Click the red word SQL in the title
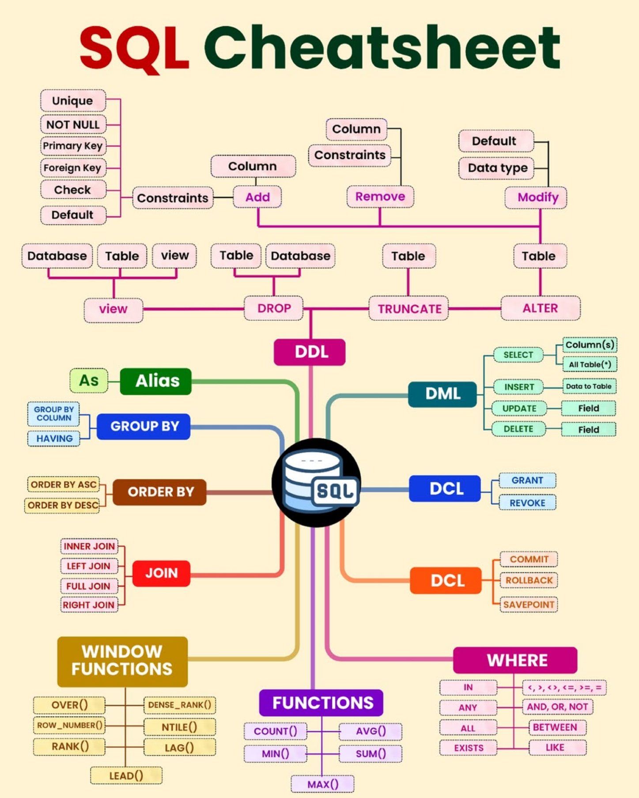(x=134, y=49)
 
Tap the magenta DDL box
(x=310, y=352)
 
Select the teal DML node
(x=442, y=394)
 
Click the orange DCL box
(x=446, y=580)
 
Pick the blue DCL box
(x=445, y=488)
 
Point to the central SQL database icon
(x=316, y=482)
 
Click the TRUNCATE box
(x=408, y=308)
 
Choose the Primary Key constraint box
(x=73, y=146)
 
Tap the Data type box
(x=496, y=168)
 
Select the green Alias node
(x=156, y=381)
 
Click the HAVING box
(x=54, y=439)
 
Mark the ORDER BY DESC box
(x=62, y=505)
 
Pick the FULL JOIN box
(x=89, y=586)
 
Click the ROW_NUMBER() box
(x=69, y=725)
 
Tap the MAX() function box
(x=322, y=784)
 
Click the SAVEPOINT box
(x=529, y=605)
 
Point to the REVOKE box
(x=527, y=503)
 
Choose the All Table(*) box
(x=590, y=364)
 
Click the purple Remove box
(x=380, y=197)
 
